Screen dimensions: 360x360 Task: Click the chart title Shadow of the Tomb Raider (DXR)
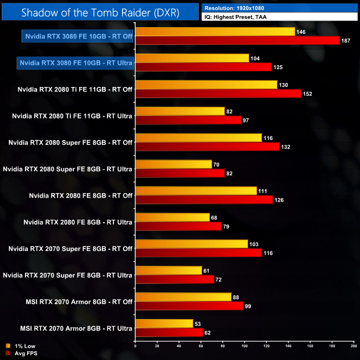point(100,12)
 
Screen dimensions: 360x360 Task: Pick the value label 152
point(308,94)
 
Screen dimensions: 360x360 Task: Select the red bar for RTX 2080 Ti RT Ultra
point(188,120)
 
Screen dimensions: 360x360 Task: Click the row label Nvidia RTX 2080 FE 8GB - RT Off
point(80,195)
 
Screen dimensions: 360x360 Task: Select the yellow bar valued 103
point(191,244)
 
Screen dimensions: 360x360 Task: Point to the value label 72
point(220,280)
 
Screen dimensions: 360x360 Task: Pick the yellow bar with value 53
point(164,323)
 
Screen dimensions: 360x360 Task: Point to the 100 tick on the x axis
point(244,346)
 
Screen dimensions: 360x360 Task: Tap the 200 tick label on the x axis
point(353,346)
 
